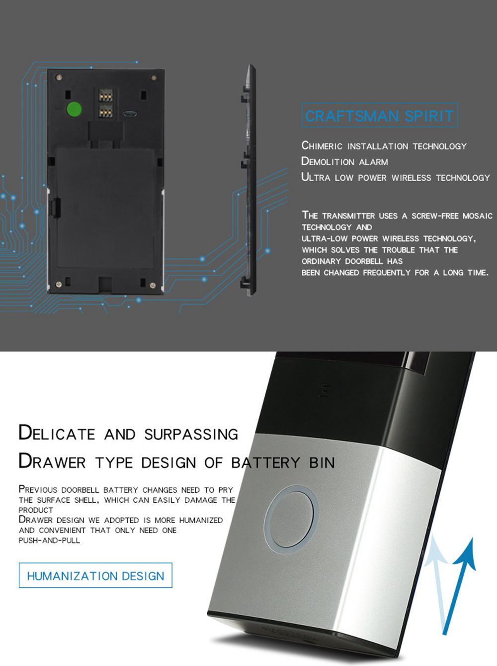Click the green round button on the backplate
[x=74, y=109]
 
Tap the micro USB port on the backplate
[x=130, y=114]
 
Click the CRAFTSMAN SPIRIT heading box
[x=380, y=115]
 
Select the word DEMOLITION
[x=328, y=161]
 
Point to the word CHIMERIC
[x=322, y=146]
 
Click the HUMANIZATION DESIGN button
[x=95, y=575]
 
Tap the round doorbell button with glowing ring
[x=291, y=519]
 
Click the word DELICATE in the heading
[x=57, y=433]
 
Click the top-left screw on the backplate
[x=59, y=77]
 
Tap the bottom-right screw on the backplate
[x=153, y=285]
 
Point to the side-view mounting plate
[x=248, y=180]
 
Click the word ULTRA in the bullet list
[x=316, y=177]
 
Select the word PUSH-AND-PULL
[x=49, y=540]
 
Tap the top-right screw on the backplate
[x=154, y=78]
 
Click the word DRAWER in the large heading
[x=52, y=461]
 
